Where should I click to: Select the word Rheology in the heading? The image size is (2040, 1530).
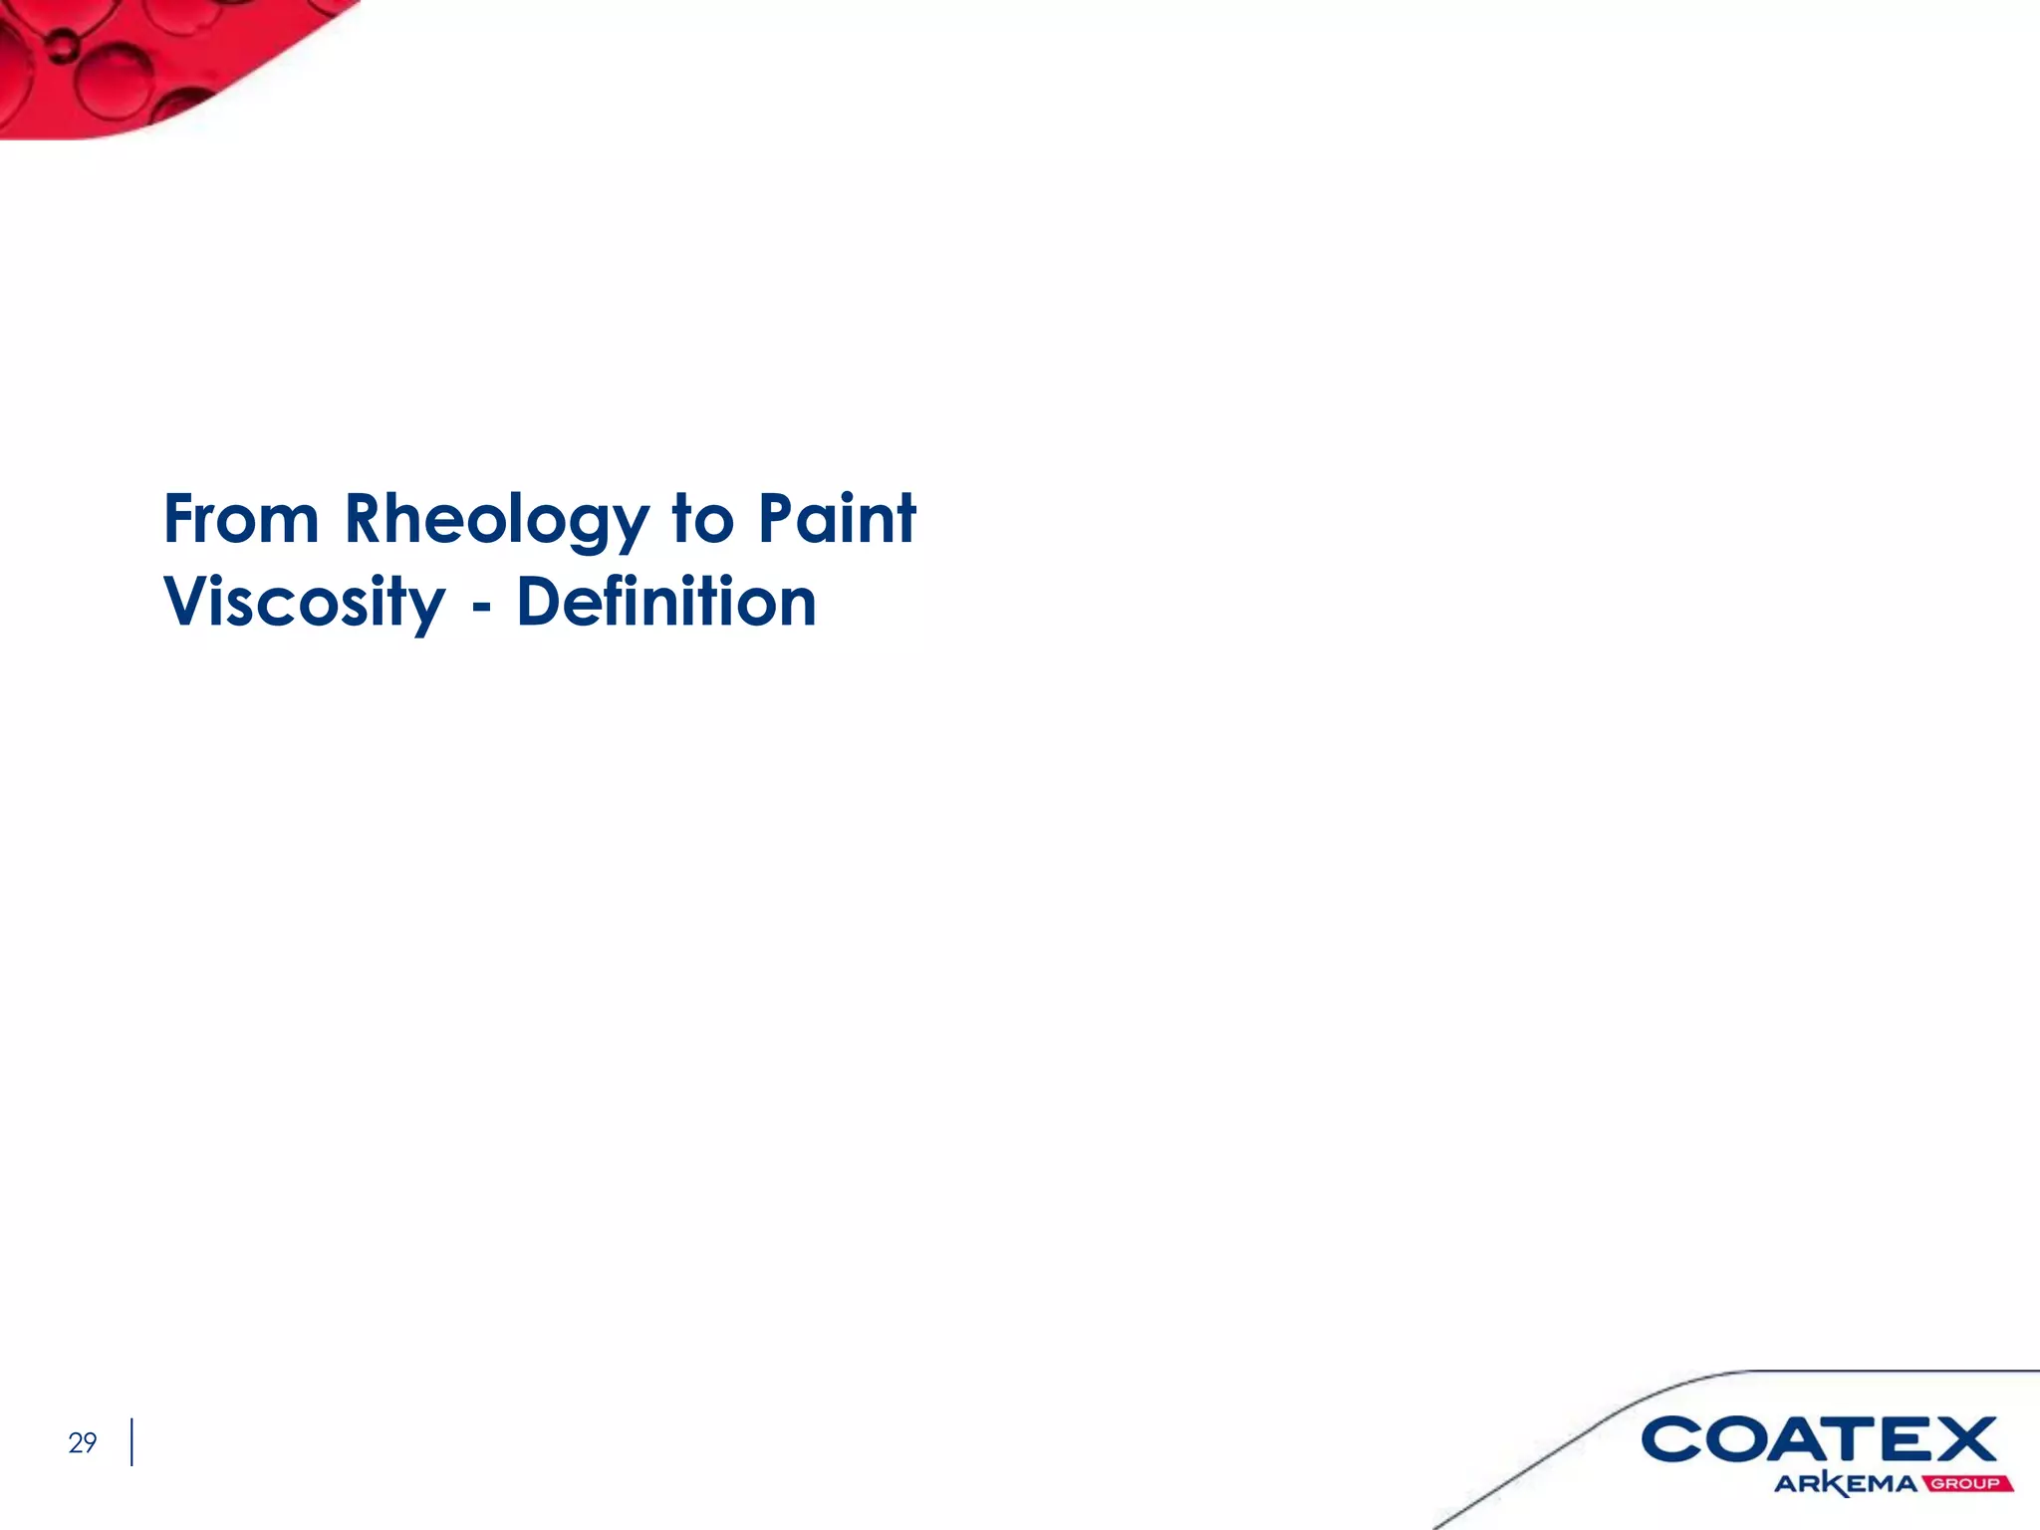(496, 521)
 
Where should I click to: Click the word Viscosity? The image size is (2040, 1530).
(305, 604)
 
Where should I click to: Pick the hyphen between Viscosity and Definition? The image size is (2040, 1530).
(481, 606)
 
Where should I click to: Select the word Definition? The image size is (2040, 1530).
(666, 602)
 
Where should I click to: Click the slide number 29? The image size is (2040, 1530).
(83, 1442)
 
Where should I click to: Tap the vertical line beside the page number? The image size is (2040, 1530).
(131, 1442)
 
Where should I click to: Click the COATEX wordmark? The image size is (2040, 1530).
(1819, 1439)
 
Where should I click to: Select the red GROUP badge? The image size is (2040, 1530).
(1966, 1484)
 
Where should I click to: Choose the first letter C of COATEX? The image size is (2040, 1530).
(1673, 1439)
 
